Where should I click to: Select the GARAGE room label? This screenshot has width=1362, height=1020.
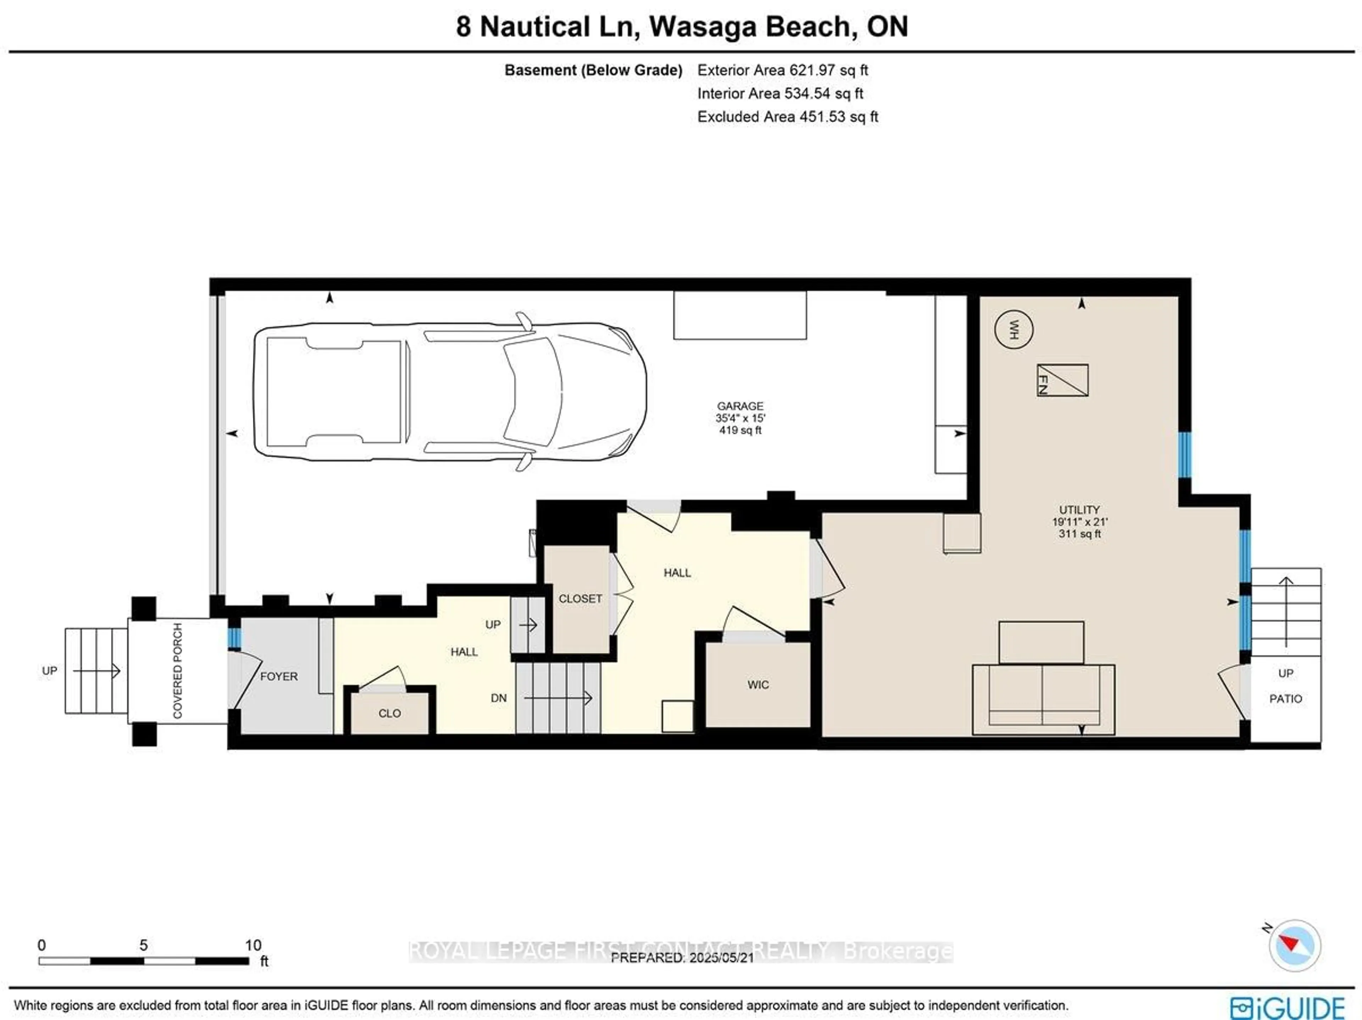point(740,406)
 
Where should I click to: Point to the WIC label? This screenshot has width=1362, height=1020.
point(758,684)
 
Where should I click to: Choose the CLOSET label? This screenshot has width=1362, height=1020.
point(580,598)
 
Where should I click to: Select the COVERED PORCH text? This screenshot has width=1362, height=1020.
point(177,670)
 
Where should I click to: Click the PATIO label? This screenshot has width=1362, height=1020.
point(1286,698)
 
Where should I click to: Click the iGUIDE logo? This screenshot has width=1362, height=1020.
point(1288,1007)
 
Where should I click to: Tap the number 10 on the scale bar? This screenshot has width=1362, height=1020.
point(253,944)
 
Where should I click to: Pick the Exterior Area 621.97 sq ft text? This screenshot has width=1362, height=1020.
point(782,70)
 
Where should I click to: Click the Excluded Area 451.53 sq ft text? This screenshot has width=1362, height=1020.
point(787,116)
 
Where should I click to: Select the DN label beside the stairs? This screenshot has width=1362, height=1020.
point(499,697)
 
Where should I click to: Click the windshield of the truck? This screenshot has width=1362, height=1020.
point(533,392)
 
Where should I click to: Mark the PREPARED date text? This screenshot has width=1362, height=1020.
point(682,958)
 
